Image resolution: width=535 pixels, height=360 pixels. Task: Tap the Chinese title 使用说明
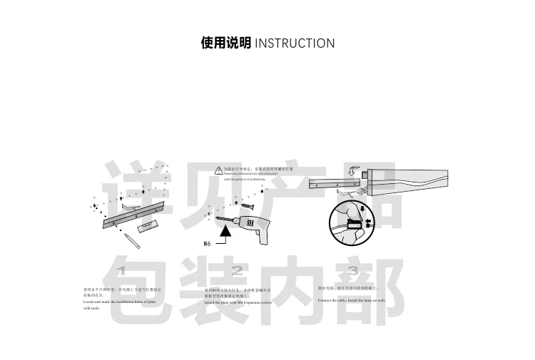coord(225,43)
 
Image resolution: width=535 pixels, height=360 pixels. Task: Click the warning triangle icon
coord(218,170)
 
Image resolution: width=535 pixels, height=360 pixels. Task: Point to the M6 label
coord(208,242)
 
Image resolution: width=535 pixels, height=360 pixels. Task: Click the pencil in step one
coord(130,239)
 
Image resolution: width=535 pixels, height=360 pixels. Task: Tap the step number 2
coord(237,272)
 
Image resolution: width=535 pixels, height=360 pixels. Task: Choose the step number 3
coord(352,272)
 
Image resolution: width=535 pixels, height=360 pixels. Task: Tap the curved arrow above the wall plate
coord(355,171)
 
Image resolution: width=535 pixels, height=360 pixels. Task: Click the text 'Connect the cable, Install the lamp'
coord(351,301)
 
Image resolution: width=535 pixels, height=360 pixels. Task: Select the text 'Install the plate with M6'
coord(238,302)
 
